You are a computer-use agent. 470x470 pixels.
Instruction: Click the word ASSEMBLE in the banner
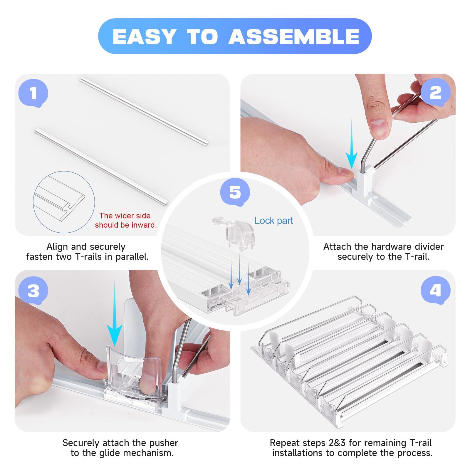(x=294, y=37)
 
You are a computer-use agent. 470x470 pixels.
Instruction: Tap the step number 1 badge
(x=33, y=93)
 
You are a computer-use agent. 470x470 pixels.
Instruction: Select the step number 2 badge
(x=435, y=93)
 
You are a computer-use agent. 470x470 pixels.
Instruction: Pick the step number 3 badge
(x=33, y=291)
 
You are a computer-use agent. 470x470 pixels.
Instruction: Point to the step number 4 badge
(x=435, y=291)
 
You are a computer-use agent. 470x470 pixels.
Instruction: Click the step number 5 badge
(x=235, y=192)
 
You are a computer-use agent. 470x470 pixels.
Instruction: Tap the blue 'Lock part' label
(x=273, y=221)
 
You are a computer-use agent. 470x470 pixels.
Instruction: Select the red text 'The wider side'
(x=125, y=216)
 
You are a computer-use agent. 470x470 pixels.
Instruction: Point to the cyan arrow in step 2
(x=352, y=144)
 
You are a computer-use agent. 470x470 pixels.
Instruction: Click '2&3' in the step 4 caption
(x=338, y=443)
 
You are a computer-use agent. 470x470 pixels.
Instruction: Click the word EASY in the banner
(x=144, y=37)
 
